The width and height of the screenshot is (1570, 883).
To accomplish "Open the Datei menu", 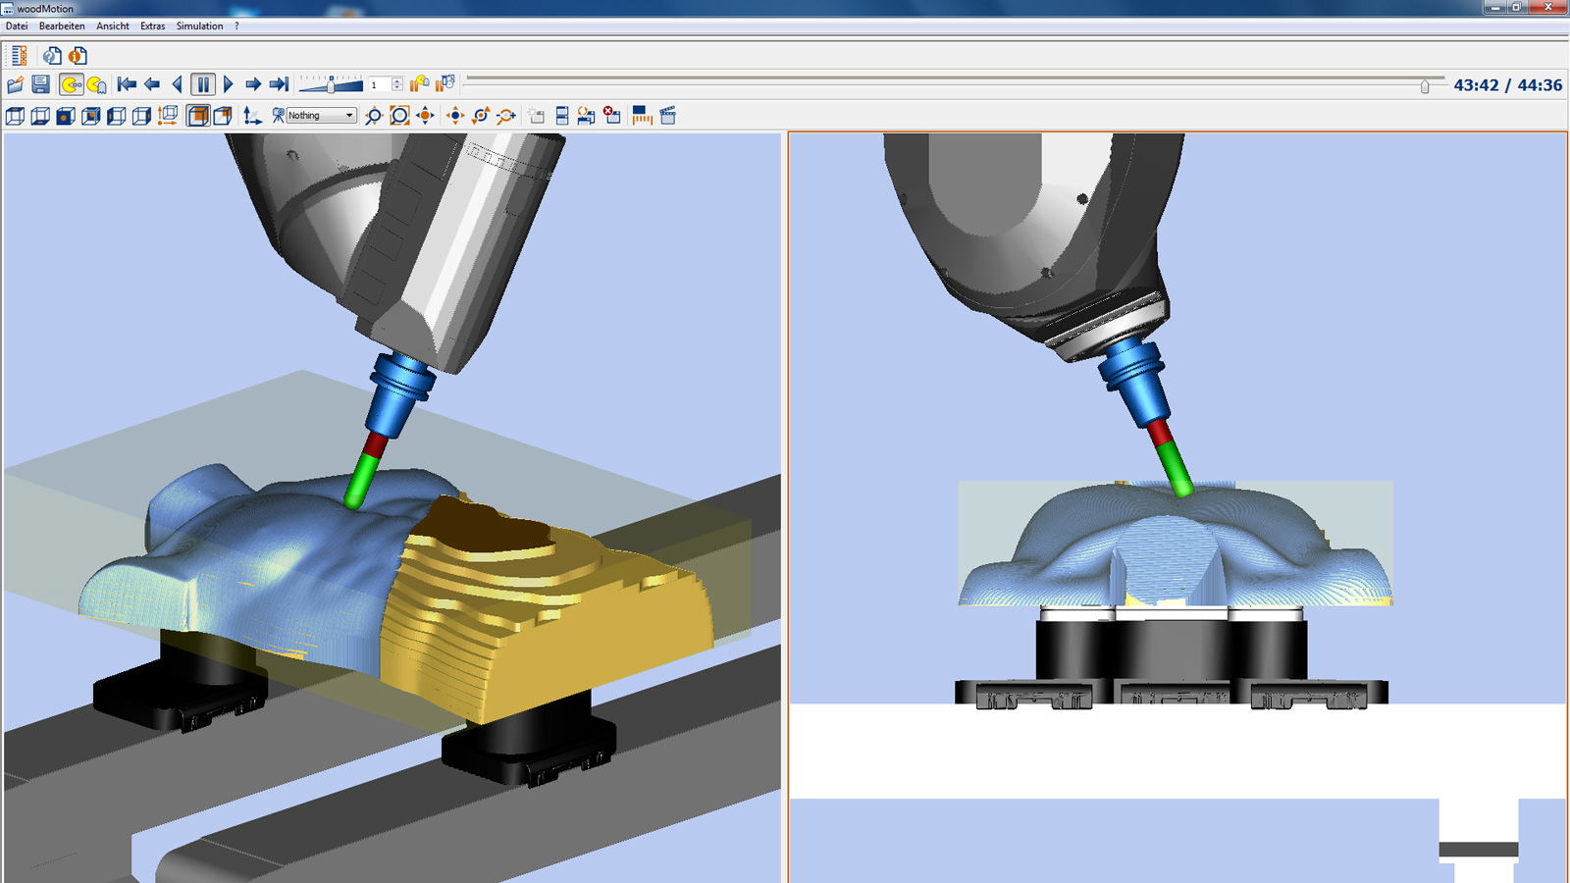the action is tap(17, 26).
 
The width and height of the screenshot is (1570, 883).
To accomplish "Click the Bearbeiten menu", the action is tap(62, 26).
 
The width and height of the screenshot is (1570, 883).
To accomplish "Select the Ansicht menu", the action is tap(113, 26).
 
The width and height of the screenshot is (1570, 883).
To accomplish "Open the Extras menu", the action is tap(153, 26).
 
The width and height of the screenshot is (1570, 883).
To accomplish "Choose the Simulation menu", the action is tap(200, 26).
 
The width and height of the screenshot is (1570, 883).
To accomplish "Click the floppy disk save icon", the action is tap(40, 84).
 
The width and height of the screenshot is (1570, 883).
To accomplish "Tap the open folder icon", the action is tap(16, 84).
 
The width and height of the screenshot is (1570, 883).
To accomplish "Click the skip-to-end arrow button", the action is tap(279, 84).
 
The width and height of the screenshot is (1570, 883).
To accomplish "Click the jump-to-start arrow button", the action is tap(127, 84).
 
